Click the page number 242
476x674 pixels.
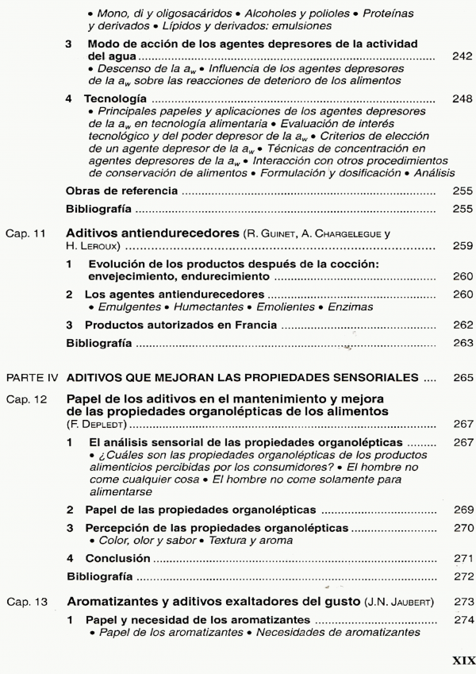click(461, 59)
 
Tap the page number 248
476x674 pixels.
click(461, 101)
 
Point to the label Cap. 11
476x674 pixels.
click(24, 233)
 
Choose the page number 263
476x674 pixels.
click(461, 345)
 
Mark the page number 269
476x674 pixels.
click(461, 509)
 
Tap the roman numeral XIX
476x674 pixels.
click(462, 660)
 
